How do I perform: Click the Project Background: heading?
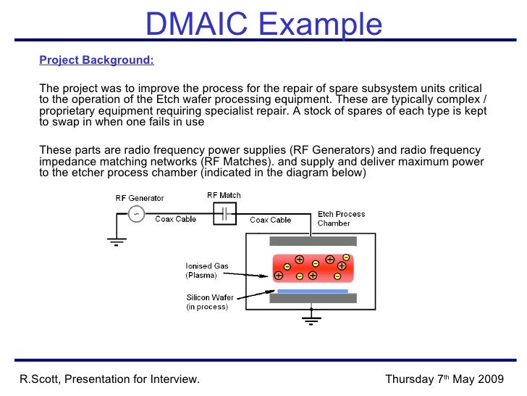point(96,60)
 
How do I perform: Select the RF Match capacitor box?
point(224,213)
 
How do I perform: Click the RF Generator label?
point(140,198)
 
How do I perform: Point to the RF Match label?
point(224,195)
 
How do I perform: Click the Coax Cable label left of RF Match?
point(176,219)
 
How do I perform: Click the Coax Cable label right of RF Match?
point(271,220)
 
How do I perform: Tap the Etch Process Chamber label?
point(342,218)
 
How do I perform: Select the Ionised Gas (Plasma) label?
point(207,271)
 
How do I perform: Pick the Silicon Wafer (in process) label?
point(208,302)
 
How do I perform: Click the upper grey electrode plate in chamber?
point(312,241)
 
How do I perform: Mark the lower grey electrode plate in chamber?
point(312,298)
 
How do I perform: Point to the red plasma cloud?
point(312,268)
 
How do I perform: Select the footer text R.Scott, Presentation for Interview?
point(109,379)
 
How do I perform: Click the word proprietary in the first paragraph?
point(67,111)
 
